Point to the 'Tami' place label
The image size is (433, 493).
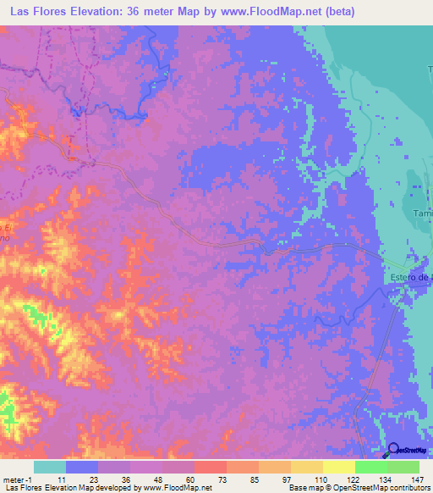[422, 214]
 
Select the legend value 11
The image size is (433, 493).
[61, 479]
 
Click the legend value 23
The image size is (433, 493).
[93, 479]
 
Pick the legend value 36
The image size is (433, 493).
[126, 479]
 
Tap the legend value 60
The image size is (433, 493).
[190, 479]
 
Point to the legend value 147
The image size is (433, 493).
[414, 479]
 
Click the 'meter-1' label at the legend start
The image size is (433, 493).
[17, 479]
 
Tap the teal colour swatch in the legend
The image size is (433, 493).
[50, 467]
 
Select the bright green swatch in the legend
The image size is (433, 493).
[370, 467]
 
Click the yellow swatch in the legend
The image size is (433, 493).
[338, 467]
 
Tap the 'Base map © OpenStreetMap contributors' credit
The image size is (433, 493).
[357, 488]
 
